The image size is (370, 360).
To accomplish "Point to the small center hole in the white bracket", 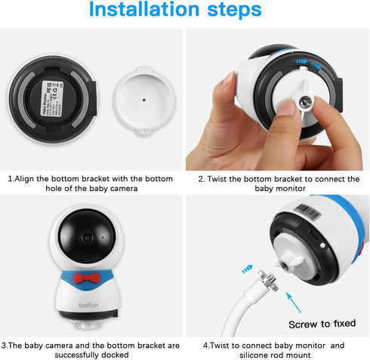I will point(144,97).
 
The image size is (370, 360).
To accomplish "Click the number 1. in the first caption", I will point(11,179).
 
